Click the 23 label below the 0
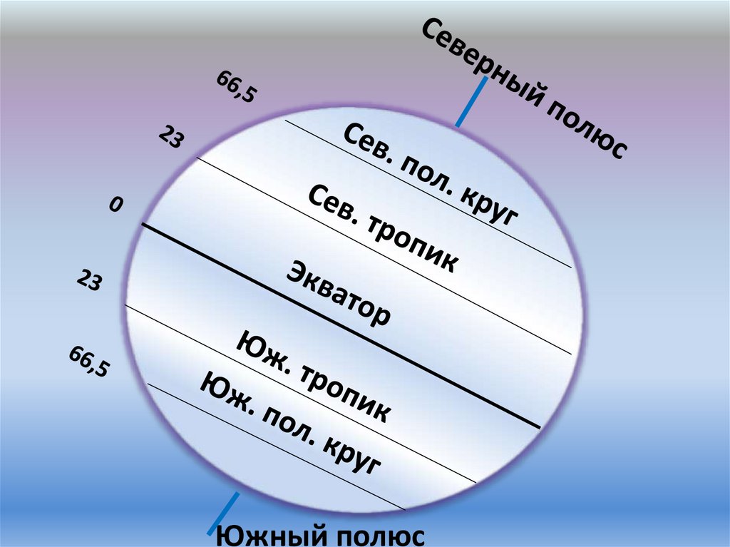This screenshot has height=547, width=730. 89,282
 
